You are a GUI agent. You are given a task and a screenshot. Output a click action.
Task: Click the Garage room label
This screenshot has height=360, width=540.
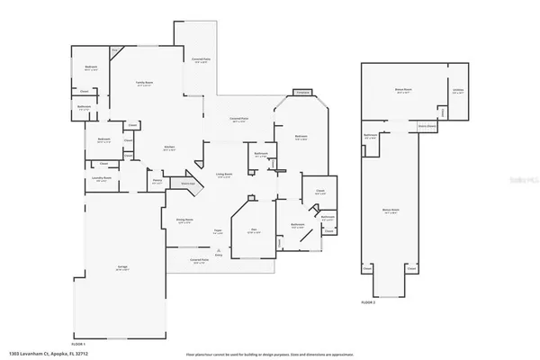(121, 268)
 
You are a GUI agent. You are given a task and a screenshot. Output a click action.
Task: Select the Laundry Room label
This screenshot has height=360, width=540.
(101, 178)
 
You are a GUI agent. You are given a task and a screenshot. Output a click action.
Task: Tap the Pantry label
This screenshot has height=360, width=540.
(157, 180)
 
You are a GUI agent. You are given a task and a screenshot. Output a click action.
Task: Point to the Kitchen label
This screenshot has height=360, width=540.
(168, 148)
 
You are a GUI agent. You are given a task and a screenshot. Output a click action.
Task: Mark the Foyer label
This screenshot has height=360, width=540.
(218, 229)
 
